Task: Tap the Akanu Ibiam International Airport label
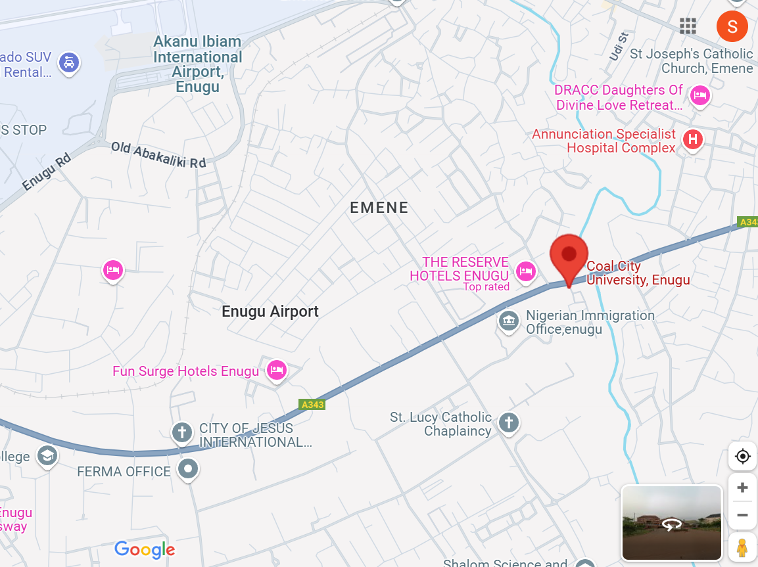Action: (x=197, y=64)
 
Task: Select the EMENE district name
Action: (x=379, y=208)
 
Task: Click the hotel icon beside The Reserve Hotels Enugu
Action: (x=525, y=270)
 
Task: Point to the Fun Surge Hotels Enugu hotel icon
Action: (x=277, y=370)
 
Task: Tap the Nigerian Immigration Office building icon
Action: (x=508, y=321)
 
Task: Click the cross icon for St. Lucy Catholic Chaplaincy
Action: (x=508, y=422)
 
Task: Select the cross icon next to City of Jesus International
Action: (x=181, y=432)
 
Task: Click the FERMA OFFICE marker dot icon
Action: (x=189, y=469)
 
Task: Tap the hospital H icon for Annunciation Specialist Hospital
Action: (x=692, y=139)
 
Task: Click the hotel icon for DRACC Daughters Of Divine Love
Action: (x=700, y=96)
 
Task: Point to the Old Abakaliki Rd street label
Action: (x=158, y=154)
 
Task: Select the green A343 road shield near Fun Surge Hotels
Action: (x=312, y=405)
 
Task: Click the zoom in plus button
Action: (x=742, y=488)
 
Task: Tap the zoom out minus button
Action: (x=742, y=515)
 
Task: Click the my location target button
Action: (x=742, y=456)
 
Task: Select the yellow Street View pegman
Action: (x=742, y=547)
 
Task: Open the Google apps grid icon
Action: (x=688, y=26)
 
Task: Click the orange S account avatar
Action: (x=732, y=26)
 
